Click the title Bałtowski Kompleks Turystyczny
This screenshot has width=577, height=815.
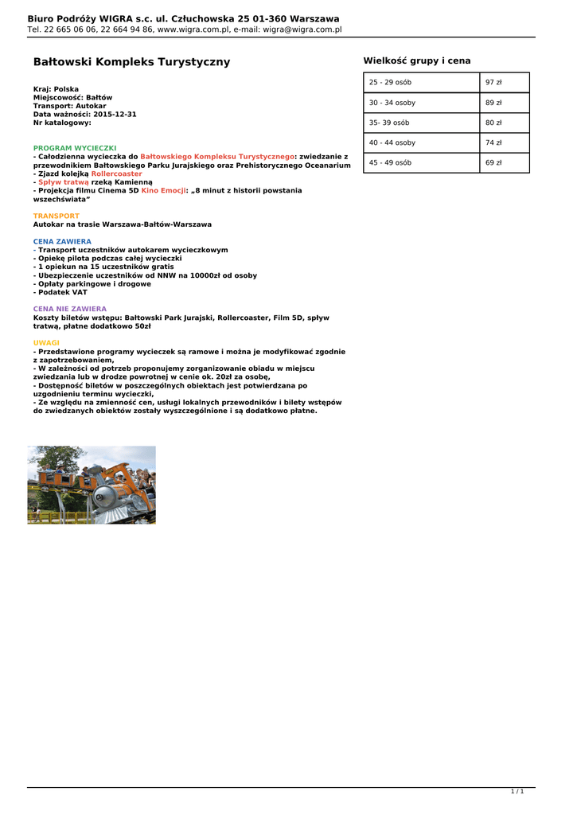click(x=131, y=61)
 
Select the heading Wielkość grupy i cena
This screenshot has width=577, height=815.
click(x=417, y=60)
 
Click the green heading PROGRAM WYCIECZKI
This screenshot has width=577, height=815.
click(x=75, y=148)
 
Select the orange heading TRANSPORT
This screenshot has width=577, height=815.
click(x=57, y=216)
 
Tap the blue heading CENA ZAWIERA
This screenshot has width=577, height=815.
click(x=62, y=241)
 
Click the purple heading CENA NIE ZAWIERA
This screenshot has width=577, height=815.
click(x=70, y=308)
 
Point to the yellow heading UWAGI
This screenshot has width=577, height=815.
click(x=46, y=342)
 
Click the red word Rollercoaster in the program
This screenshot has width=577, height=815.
click(x=117, y=174)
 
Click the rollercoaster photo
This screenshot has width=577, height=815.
click(x=92, y=485)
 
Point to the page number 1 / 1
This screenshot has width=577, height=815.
click(x=517, y=791)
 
